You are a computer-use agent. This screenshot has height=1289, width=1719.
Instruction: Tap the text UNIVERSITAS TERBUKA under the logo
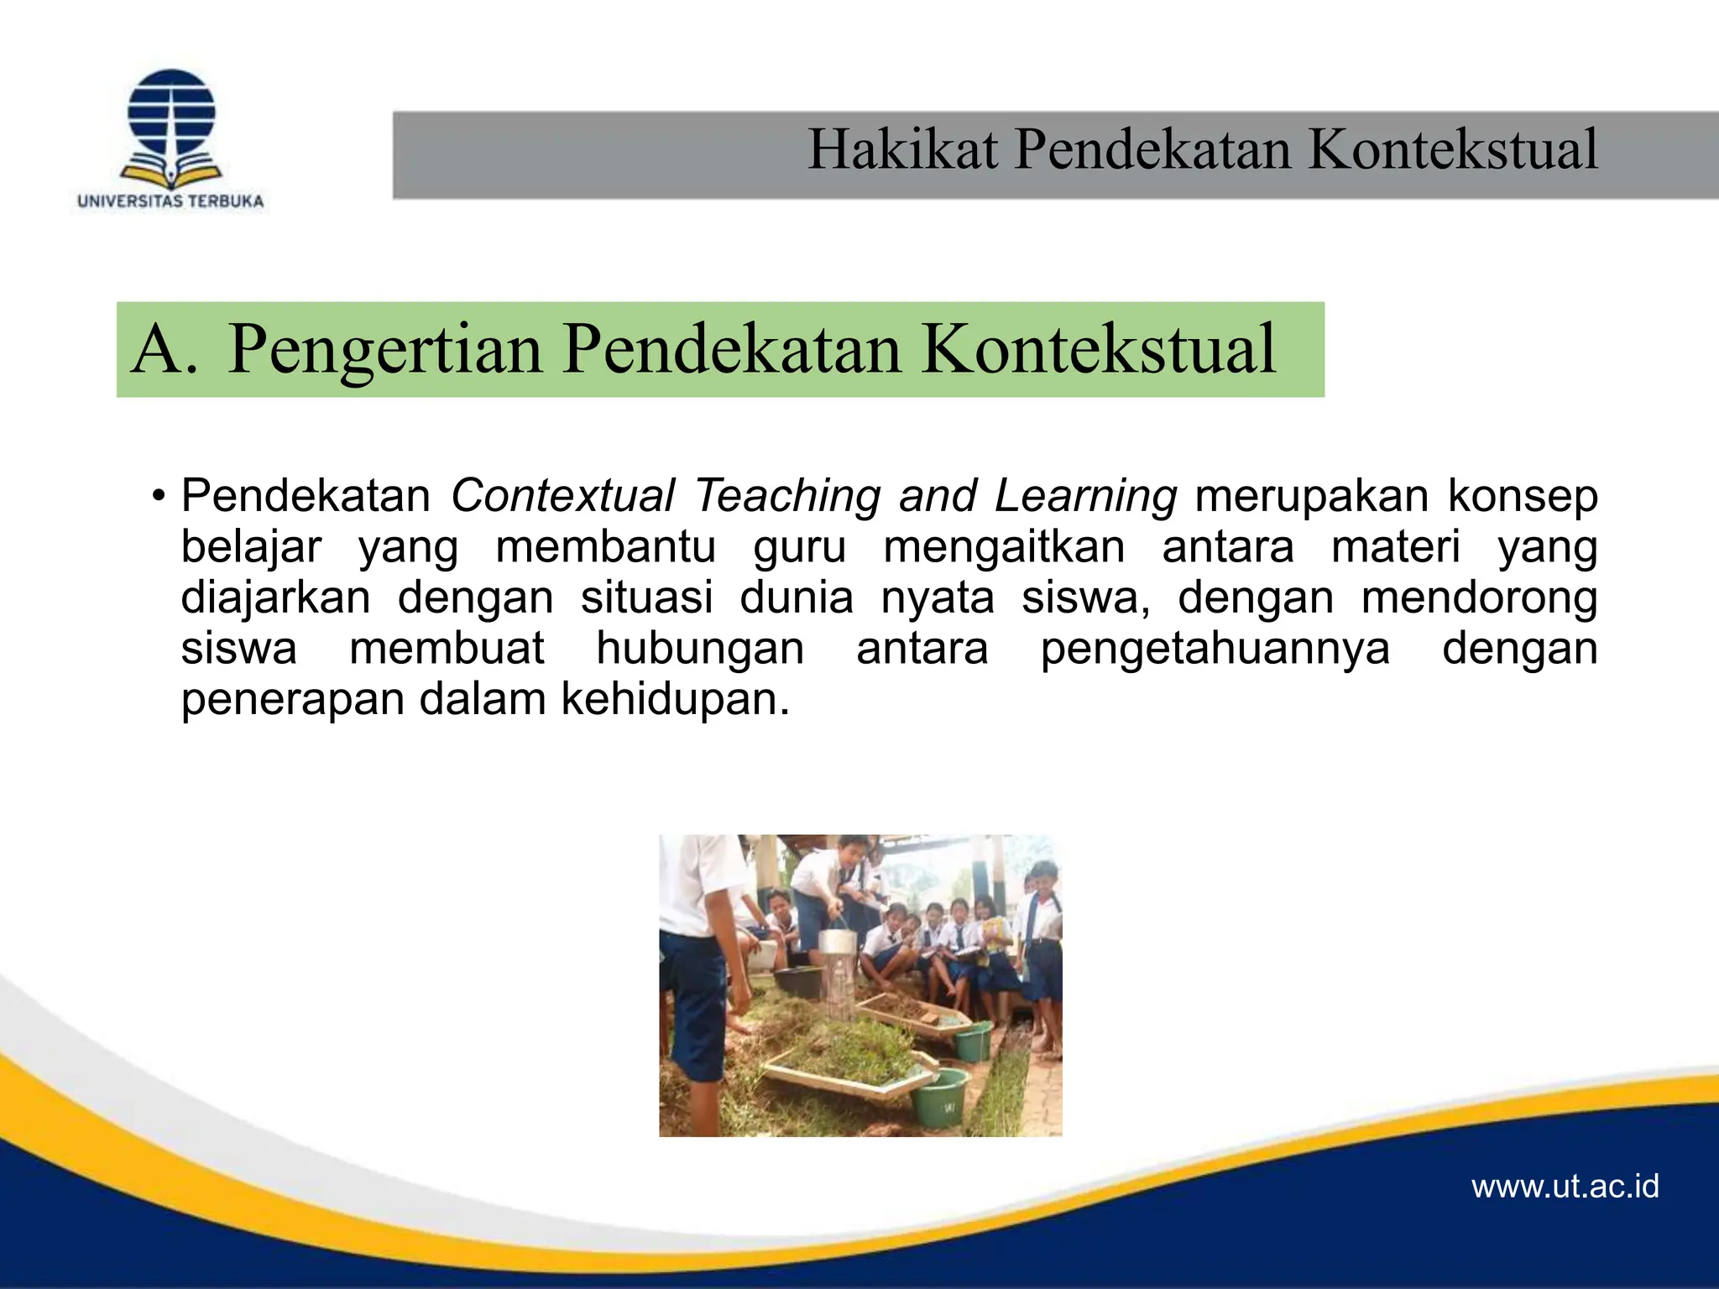[170, 201]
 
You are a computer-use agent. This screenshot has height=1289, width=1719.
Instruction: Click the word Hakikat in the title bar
[902, 150]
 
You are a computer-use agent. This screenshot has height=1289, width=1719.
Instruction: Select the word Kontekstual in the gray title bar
[1452, 150]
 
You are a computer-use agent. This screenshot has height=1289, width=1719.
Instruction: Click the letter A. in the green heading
[165, 349]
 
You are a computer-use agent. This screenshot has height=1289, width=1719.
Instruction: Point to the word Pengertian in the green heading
[384, 349]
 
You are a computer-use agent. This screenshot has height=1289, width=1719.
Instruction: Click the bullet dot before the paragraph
[157, 497]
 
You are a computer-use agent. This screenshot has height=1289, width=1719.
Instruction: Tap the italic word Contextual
[562, 496]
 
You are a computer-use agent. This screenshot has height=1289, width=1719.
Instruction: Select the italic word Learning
[1085, 496]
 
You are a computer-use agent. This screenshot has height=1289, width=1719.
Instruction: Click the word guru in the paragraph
[799, 547]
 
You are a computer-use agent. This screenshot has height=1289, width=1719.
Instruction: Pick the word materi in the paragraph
[1396, 547]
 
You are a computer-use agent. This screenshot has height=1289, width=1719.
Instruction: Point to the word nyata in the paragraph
[937, 598]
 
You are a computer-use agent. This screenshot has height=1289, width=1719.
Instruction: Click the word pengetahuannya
[1215, 649]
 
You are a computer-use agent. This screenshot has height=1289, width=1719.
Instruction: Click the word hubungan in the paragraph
[699, 649]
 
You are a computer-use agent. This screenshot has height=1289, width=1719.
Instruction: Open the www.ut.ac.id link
[1565, 1187]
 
